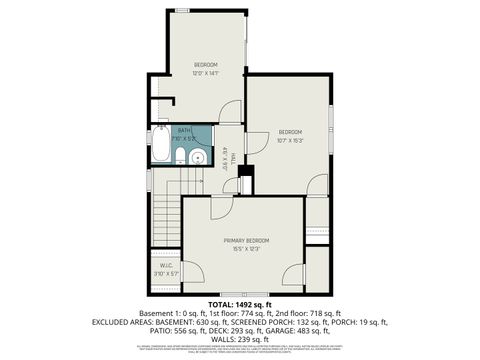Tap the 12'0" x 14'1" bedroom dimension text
click(x=205, y=72)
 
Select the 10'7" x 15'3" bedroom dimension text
click(x=290, y=140)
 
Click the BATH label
click(x=184, y=130)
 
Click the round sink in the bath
click(x=199, y=158)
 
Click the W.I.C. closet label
click(x=166, y=265)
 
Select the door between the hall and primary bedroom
click(x=221, y=206)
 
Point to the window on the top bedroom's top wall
click(x=181, y=11)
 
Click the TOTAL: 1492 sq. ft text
click(x=240, y=304)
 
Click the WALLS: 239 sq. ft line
click(x=240, y=337)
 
